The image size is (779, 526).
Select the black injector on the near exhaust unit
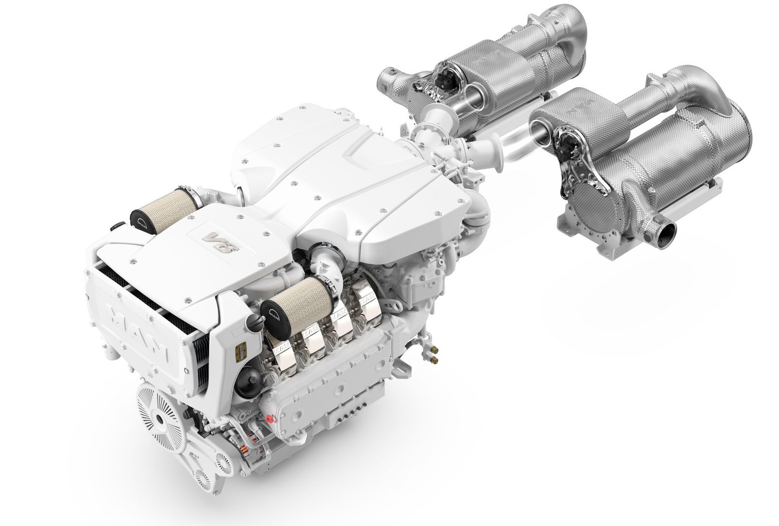[x=567, y=145]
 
